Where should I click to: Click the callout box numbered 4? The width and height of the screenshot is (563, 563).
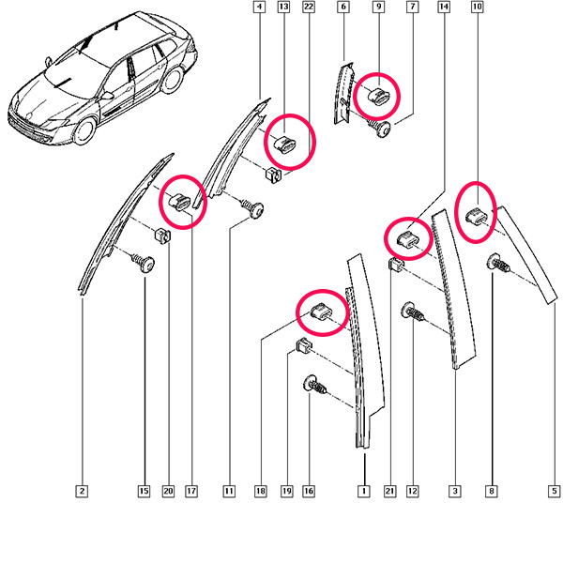pyautogui.click(x=259, y=7)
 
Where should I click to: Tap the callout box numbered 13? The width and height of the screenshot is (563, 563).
pyautogui.click(x=283, y=7)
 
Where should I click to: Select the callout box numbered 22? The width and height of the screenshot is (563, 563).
pyautogui.click(x=309, y=7)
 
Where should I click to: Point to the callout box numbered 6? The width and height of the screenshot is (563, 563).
pyautogui.click(x=343, y=7)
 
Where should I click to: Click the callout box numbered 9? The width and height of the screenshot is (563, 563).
pyautogui.click(x=378, y=7)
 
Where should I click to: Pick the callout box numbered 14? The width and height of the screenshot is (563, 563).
pyautogui.click(x=444, y=7)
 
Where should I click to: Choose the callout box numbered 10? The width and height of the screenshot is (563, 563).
pyautogui.click(x=478, y=7)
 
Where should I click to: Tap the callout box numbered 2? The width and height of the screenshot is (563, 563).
pyautogui.click(x=83, y=491)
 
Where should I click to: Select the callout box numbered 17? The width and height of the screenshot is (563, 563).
pyautogui.click(x=191, y=491)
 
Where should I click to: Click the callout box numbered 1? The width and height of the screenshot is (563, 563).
pyautogui.click(x=364, y=491)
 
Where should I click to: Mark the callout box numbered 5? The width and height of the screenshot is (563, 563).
pyautogui.click(x=554, y=491)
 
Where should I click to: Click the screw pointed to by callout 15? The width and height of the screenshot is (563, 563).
pyautogui.click(x=144, y=263)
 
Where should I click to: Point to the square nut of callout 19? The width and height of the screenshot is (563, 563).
pyautogui.click(x=304, y=344)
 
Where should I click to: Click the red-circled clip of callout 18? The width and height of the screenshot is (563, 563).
pyautogui.click(x=321, y=311)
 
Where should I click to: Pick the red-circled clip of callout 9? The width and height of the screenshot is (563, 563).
pyautogui.click(x=378, y=96)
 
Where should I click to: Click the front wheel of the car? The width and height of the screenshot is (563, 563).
pyautogui.click(x=84, y=130)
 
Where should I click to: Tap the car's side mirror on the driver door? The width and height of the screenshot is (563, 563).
pyautogui.click(x=107, y=96)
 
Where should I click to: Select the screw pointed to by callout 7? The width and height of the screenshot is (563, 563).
pyautogui.click(x=380, y=128)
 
